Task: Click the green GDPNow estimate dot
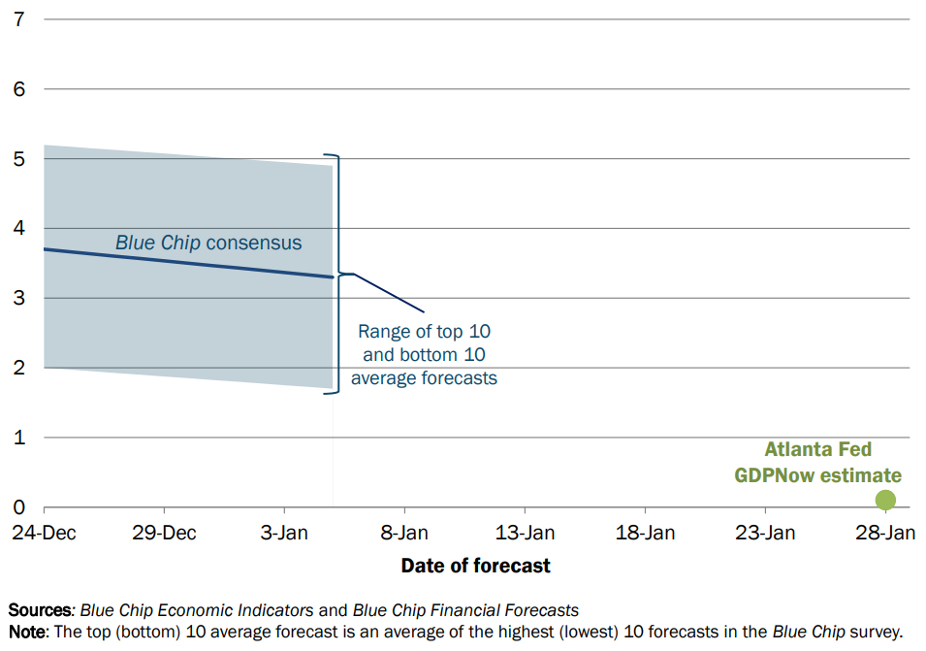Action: point(885,500)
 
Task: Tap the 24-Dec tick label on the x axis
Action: point(44,533)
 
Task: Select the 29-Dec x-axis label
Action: point(164,533)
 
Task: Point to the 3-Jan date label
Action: point(284,533)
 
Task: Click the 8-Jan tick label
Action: point(404,533)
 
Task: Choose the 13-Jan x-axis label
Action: point(525,533)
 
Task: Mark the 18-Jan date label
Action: point(645,533)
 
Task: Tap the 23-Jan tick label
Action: point(765,533)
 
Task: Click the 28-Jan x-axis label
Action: point(885,533)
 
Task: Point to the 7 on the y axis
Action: point(18,19)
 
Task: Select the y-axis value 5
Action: point(18,159)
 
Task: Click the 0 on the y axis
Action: point(18,506)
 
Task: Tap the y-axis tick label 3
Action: point(18,298)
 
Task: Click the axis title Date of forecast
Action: point(475,566)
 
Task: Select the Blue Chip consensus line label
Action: point(208,243)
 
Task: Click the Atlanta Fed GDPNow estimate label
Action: point(818,462)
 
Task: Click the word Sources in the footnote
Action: point(40,609)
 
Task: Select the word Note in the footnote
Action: point(27,632)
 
